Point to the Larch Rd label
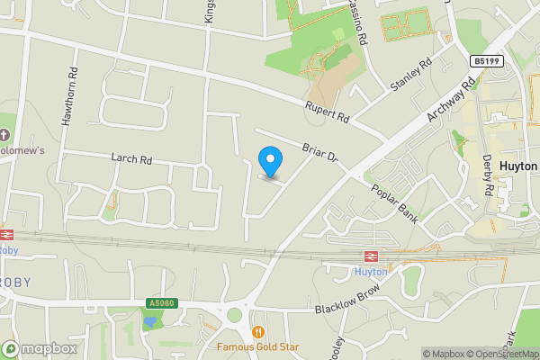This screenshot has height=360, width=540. (x=131, y=159)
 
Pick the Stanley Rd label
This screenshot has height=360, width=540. (x=411, y=76)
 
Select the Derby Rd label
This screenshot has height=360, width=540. (x=488, y=175)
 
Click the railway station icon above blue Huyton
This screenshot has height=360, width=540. (x=370, y=256)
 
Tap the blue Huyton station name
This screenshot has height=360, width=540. (x=370, y=270)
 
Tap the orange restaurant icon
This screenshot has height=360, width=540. (x=258, y=330)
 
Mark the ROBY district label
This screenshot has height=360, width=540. (x=16, y=282)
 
